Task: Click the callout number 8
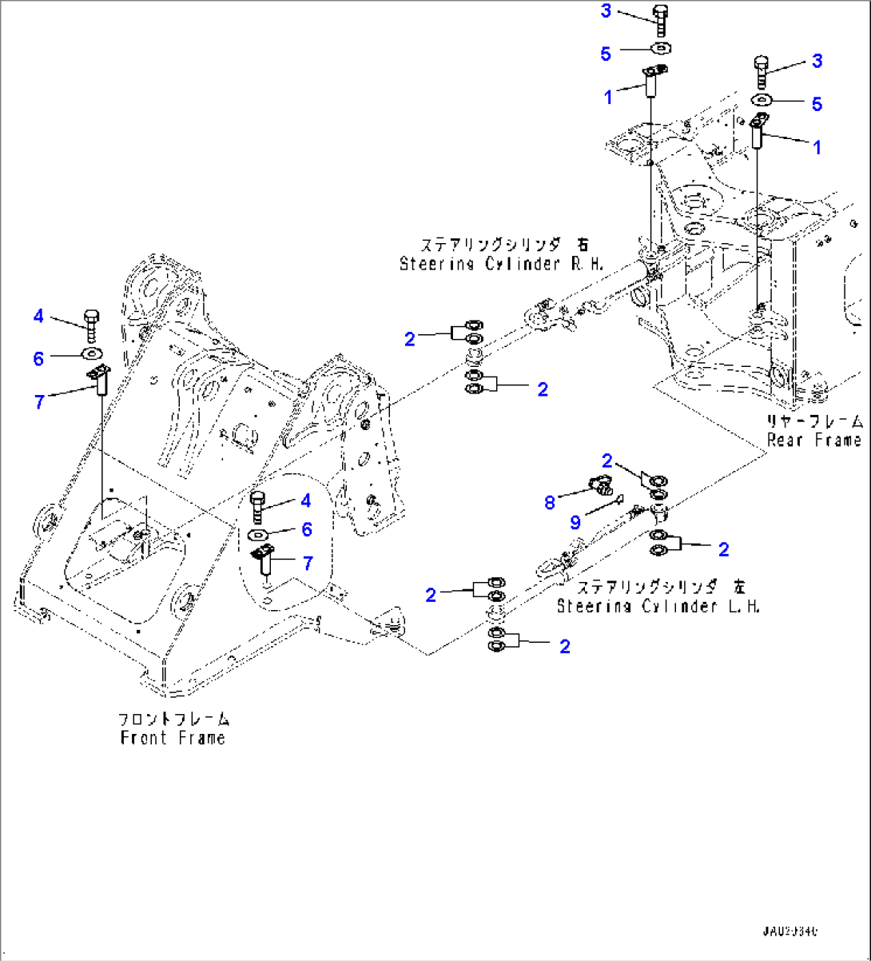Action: tap(549, 502)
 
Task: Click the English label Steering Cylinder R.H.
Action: tap(502, 264)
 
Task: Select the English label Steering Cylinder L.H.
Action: tap(658, 606)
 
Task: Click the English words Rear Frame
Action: tap(814, 440)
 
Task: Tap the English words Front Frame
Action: tap(173, 738)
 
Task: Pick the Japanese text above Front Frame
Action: tap(173, 719)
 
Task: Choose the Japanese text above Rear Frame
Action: tap(814, 421)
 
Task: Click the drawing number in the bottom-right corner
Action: tap(790, 932)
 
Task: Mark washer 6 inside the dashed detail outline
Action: tap(258, 533)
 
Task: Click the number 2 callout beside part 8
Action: tap(607, 461)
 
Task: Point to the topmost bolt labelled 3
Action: tap(660, 19)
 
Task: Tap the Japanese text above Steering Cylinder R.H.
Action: tap(504, 244)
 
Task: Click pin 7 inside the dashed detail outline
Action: tap(265, 560)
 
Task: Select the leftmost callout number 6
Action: tap(38, 359)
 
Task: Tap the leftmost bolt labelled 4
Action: tap(89, 324)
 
